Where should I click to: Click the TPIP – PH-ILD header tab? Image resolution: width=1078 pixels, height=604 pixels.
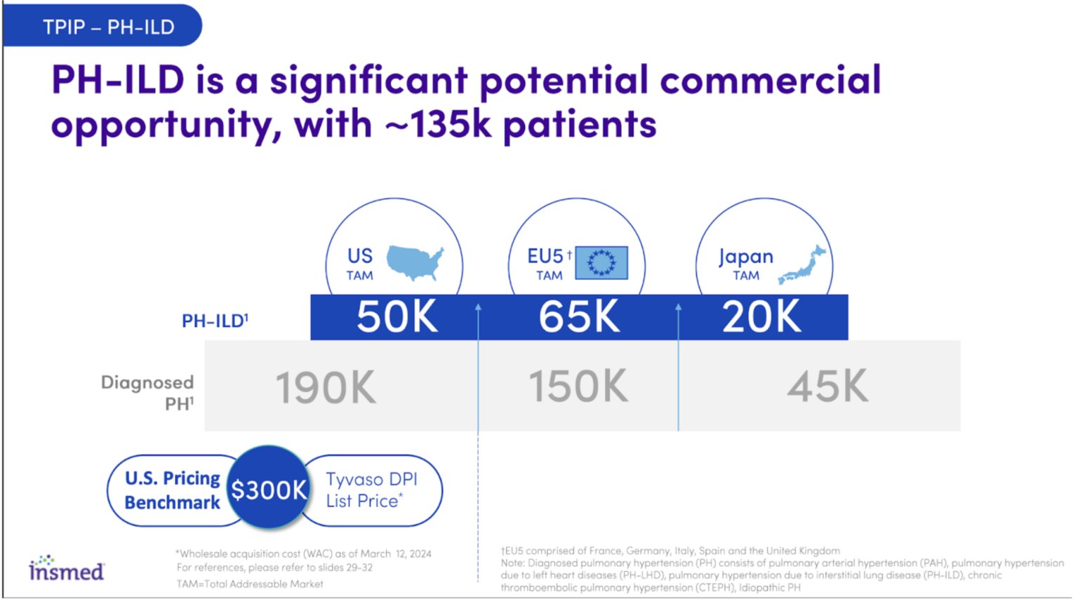pos(102,25)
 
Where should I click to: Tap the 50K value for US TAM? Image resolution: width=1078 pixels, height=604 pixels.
pos(397,316)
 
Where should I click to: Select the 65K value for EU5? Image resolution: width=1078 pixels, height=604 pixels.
pos(579,316)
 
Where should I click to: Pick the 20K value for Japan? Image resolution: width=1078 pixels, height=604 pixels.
pos(761,316)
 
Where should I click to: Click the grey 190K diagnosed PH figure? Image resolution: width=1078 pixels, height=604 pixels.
pos(326,387)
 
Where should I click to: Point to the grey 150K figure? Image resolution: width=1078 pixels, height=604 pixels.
pos(578,386)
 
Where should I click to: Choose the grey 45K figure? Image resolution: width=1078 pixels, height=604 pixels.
pos(828,386)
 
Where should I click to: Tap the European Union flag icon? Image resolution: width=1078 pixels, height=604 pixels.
pos(601,262)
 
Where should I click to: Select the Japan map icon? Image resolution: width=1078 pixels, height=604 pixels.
pos(802,264)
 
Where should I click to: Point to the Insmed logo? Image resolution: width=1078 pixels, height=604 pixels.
pos(67,568)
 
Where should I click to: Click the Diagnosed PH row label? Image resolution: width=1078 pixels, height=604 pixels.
pos(148,393)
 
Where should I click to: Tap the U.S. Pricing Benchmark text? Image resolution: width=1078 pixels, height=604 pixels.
pos(172,490)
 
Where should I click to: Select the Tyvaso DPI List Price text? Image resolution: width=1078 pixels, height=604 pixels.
pos(371,490)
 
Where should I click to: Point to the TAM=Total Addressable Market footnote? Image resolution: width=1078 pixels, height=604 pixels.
pos(250,584)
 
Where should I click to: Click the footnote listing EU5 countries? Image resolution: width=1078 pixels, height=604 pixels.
pos(670,551)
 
